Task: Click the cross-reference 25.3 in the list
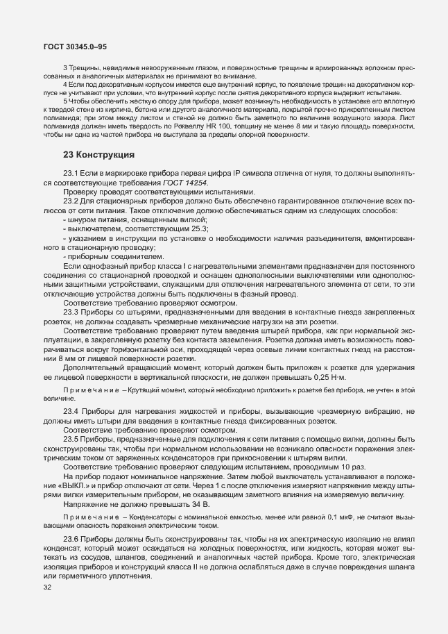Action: [x=199, y=228]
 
